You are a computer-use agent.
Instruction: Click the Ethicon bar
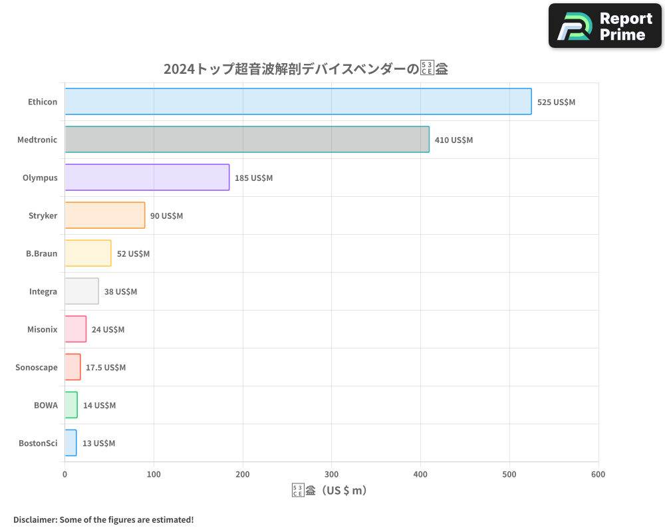[298, 102]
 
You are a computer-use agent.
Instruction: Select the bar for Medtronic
[247, 140]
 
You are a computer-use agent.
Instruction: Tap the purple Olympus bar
[147, 178]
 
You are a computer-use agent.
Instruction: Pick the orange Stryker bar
[104, 215]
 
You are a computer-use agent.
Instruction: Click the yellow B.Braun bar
[88, 253]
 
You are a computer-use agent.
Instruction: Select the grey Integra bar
[82, 291]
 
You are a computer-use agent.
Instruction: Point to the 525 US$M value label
[556, 102]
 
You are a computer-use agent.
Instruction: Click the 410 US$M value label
[454, 140]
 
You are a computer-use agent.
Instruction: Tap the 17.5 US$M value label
[106, 368]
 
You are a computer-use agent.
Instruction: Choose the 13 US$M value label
[98, 444]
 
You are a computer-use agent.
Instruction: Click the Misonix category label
[43, 329]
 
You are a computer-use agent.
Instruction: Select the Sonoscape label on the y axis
[37, 367]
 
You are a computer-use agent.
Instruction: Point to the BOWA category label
[46, 405]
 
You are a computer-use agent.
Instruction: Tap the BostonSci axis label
[38, 443]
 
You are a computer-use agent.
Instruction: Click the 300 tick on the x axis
[332, 474]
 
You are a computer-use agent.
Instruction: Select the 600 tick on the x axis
[598, 474]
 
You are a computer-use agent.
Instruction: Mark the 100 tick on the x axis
[154, 474]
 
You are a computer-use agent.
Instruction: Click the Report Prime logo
[604, 26]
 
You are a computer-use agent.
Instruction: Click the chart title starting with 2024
[305, 68]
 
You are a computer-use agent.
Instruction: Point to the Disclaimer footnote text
[103, 519]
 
